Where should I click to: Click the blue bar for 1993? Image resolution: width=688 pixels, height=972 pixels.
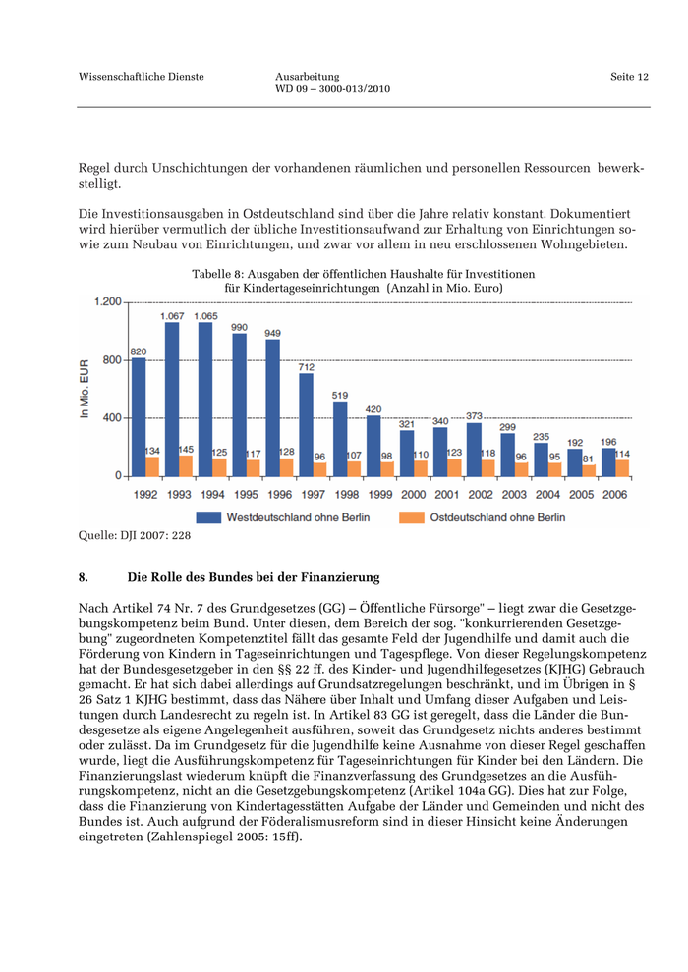coord(172,400)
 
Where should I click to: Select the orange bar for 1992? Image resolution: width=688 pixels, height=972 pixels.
coord(152,466)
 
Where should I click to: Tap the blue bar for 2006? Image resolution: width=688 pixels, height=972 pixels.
coord(608,461)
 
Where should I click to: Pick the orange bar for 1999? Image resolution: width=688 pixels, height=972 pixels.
coord(387,468)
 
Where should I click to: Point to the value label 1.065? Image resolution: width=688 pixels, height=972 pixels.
coord(206,316)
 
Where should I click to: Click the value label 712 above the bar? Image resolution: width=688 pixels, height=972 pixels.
coord(307,366)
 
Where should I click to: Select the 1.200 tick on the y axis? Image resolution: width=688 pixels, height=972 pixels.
coord(107,302)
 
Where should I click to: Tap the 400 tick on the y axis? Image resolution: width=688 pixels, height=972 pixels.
coord(111,418)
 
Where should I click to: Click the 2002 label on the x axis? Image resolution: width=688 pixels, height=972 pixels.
coord(481,495)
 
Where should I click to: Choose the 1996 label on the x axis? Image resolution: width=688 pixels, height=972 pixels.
coord(279,495)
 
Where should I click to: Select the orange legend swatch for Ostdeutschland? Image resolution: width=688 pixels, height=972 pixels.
coord(411,517)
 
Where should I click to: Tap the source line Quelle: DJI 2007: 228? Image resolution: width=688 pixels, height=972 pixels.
coord(135,536)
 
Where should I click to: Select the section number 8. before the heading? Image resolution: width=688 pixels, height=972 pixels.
coord(84,577)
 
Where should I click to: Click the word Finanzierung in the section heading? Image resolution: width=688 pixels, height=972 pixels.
coord(345,577)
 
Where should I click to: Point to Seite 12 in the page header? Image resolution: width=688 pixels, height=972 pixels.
coord(629,77)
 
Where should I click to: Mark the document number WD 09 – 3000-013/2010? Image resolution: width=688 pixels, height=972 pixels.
coord(333,89)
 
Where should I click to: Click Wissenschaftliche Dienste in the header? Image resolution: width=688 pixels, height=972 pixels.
coord(142,77)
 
